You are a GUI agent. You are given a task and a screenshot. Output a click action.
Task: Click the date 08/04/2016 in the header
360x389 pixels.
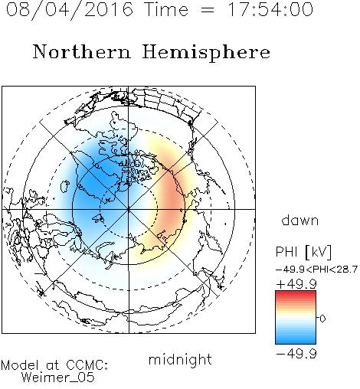[70, 10]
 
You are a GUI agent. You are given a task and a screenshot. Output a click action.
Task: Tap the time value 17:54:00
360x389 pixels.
[270, 9]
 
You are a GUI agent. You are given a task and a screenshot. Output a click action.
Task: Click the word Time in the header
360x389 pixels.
[166, 9]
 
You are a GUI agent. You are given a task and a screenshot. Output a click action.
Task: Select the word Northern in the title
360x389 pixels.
[82, 52]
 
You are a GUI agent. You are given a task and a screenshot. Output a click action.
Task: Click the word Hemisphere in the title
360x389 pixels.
[206, 53]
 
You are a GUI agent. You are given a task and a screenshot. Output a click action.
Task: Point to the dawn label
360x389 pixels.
[300, 220]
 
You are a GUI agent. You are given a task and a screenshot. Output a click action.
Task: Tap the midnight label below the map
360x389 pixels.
[180, 360]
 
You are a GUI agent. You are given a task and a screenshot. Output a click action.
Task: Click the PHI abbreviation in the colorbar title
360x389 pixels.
[286, 252]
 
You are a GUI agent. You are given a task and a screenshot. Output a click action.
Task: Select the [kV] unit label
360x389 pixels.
[319, 252]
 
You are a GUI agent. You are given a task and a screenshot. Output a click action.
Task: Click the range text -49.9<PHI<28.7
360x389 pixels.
[316, 270]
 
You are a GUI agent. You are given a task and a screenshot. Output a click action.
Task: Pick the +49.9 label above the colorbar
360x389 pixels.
[296, 284]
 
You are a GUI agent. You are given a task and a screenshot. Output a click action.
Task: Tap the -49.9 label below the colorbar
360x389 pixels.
[296, 354]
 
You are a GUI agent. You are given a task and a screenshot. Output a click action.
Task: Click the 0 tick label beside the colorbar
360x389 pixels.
[322, 319]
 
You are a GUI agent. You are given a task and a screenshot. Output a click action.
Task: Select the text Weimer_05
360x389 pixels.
[58, 377]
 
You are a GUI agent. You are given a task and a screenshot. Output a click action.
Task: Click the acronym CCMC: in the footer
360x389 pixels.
[87, 365]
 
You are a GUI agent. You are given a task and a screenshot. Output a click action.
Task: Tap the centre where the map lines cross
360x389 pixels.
[129, 209]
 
